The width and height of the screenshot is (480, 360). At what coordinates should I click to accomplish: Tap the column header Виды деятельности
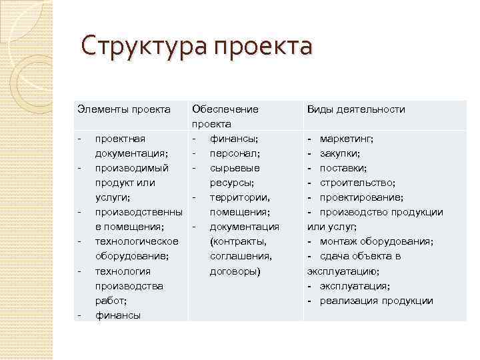coord(356,109)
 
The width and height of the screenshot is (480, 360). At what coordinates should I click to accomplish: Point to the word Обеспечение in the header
coord(225,109)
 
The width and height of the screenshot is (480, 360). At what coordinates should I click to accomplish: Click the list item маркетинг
coord(346,139)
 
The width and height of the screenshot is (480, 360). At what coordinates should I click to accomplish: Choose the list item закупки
coord(341,153)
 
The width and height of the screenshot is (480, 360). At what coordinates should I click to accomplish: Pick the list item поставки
coord(343,168)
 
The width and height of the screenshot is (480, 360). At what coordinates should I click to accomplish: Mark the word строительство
coord(357,183)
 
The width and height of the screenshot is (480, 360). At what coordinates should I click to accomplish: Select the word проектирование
coord(361,197)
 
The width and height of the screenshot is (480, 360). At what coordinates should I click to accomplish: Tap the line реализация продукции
coord(376,300)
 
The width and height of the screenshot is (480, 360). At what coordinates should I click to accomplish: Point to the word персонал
coord(231,153)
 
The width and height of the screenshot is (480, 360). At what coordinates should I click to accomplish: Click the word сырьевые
coord(235,168)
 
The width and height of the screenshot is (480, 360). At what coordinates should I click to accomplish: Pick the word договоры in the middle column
coord(235,271)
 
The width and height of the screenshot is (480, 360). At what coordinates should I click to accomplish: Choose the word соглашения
coord(241,256)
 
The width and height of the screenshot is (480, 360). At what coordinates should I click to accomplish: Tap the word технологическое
coord(137,241)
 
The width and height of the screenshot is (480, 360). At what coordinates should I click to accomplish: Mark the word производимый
coord(131,168)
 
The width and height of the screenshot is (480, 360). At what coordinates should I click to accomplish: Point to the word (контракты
coord(238,241)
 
